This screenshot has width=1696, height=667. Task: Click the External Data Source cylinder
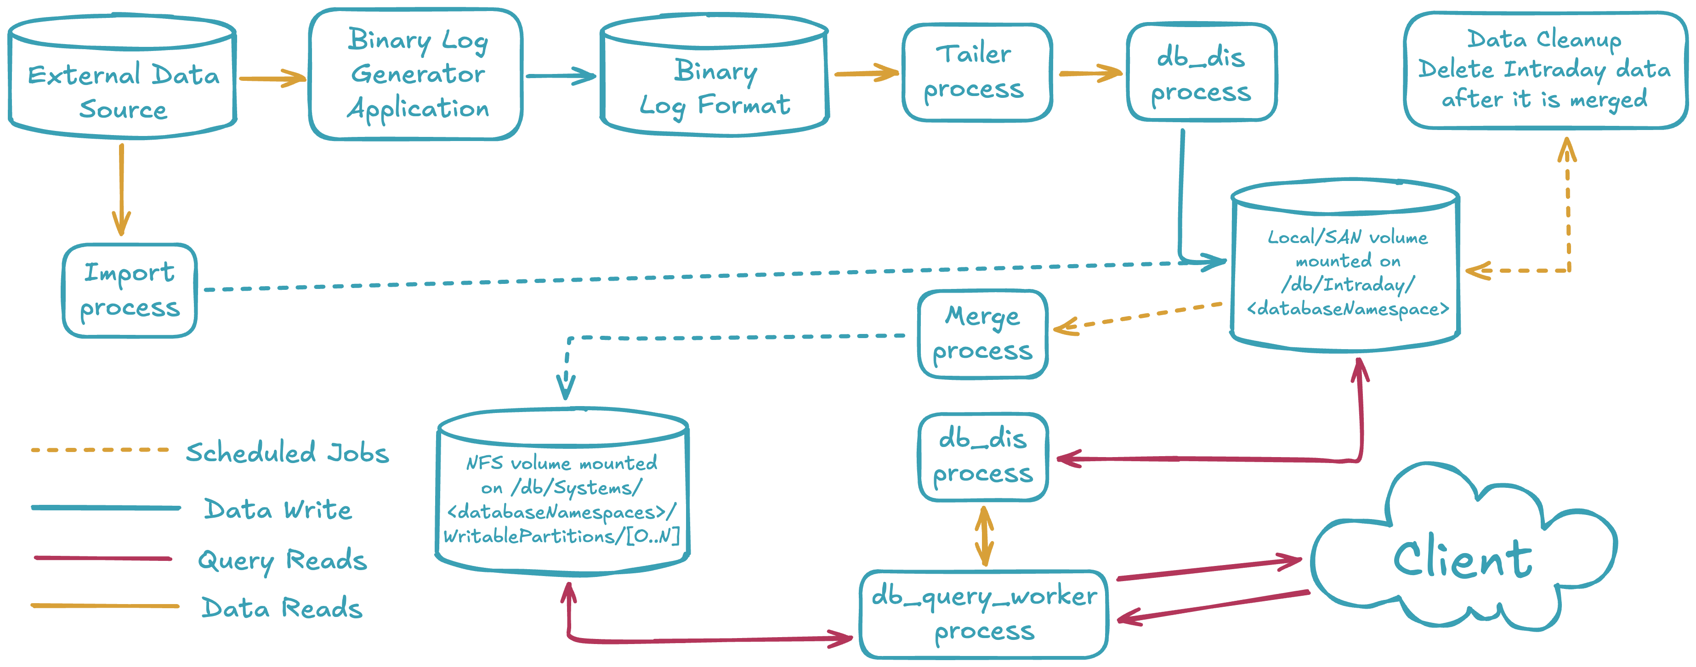pos(123,79)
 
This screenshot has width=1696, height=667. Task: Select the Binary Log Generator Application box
pos(416,74)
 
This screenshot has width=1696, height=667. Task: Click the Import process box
pos(129,290)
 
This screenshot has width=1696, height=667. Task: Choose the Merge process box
pos(982,334)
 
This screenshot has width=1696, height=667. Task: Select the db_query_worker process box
pos(984,614)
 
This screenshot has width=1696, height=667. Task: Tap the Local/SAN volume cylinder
pos(1346,270)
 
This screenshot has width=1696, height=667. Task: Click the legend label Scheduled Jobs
pos(287,453)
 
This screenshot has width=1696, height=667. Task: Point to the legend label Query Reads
pos(282,560)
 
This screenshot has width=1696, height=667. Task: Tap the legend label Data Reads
pos(282,608)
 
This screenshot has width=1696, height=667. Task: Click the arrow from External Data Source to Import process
pos(121,188)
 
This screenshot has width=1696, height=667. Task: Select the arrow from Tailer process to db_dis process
pos(1089,73)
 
